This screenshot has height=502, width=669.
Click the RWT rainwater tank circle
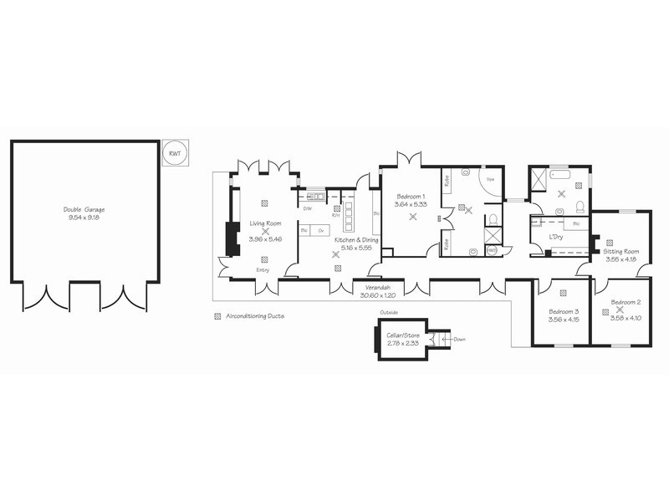click(175, 154)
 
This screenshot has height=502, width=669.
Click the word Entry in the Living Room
click(263, 269)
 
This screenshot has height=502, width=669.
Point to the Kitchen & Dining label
click(357, 240)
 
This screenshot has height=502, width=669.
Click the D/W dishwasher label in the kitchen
click(308, 208)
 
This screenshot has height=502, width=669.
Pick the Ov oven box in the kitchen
click(320, 230)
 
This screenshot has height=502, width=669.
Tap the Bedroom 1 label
click(411, 195)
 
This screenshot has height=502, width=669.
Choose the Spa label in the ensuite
click(492, 179)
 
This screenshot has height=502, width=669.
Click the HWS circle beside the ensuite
click(492, 250)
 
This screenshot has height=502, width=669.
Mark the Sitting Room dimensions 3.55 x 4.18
click(621, 259)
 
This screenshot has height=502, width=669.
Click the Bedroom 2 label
click(626, 302)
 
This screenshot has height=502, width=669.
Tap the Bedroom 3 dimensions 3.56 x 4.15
click(564, 319)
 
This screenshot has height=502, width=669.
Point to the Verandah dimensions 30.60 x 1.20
click(376, 295)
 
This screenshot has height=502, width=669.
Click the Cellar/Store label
click(402, 336)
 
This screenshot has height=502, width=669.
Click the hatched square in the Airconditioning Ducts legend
click(218, 316)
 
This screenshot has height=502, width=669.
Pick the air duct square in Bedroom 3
click(563, 292)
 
